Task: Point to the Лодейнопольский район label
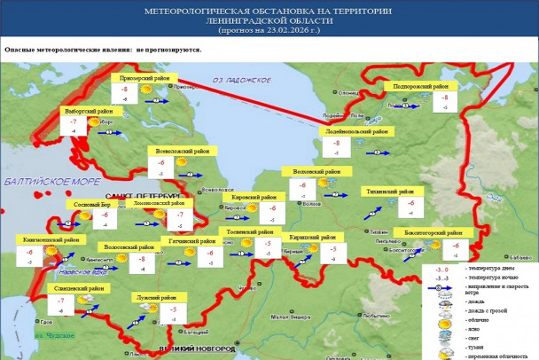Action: click(x=355, y=131)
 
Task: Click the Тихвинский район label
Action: click(x=388, y=191)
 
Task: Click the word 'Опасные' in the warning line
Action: click(x=20, y=50)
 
